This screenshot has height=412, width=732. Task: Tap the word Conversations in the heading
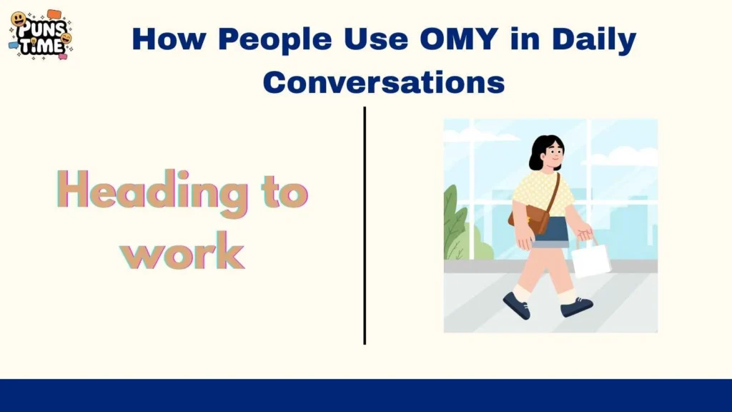pyautogui.click(x=384, y=82)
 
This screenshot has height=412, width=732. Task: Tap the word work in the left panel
pyautogui.click(x=182, y=251)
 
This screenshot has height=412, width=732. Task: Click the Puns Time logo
pyautogui.click(x=41, y=34)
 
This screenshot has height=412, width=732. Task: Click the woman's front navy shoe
pyautogui.click(x=577, y=307)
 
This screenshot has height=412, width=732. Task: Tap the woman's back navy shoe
pyautogui.click(x=516, y=305)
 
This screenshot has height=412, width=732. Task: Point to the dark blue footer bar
pyautogui.click(x=366, y=395)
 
